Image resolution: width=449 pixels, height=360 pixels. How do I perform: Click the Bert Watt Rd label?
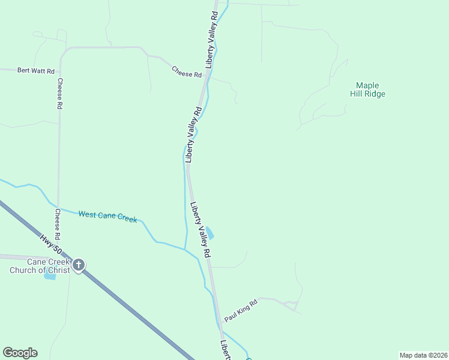36,71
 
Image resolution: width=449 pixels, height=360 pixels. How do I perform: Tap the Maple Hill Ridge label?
367,89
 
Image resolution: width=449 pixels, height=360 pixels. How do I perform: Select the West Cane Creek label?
107,217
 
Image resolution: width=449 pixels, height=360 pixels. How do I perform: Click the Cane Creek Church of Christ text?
39,266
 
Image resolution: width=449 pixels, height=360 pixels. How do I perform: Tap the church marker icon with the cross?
79,264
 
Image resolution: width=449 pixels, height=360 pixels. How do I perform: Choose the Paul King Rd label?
240,311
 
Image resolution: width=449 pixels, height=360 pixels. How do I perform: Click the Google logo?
20,353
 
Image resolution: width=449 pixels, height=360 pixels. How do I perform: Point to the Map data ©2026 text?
424,355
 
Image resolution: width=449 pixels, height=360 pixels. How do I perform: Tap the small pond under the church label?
49,277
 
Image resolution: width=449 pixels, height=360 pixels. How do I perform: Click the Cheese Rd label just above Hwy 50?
58,223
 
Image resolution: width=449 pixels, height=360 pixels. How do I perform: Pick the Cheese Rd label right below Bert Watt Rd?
60,94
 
